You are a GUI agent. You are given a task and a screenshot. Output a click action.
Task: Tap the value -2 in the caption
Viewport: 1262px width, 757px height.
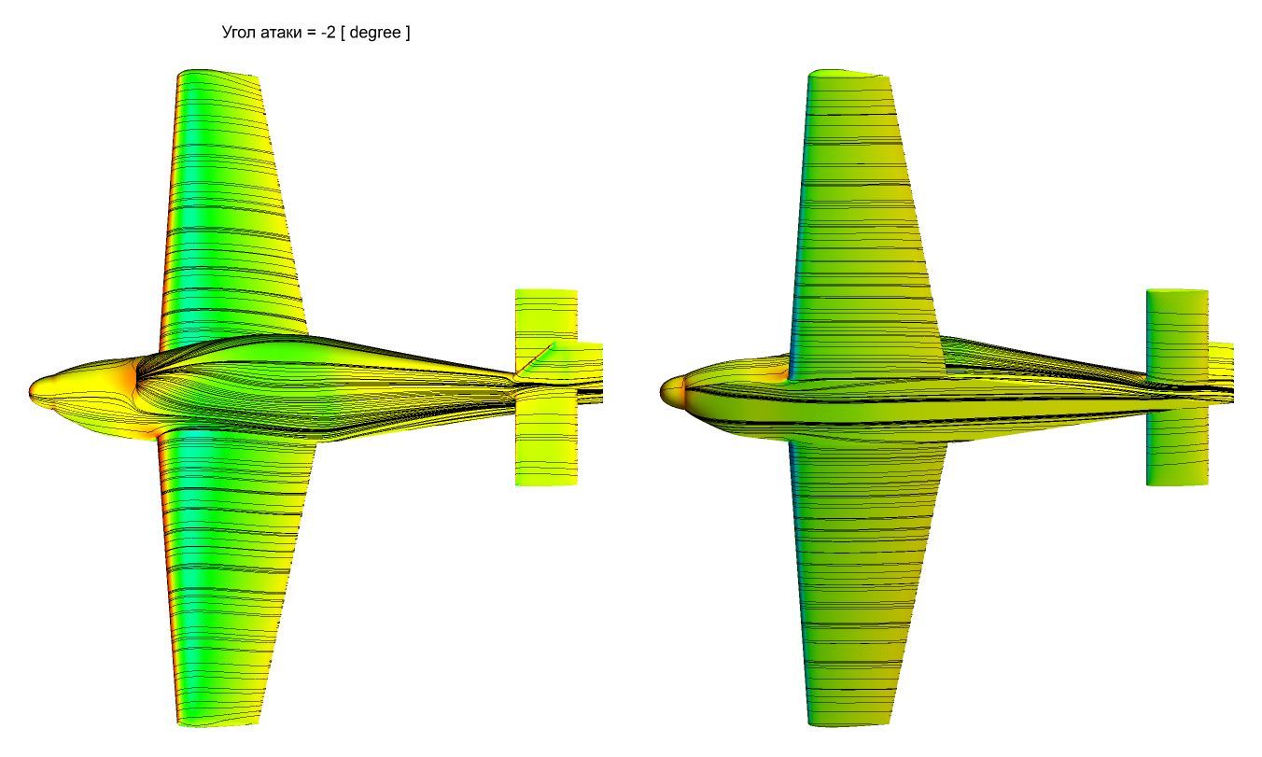(x=329, y=33)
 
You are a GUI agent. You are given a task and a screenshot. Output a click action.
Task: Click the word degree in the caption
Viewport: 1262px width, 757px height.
(x=375, y=33)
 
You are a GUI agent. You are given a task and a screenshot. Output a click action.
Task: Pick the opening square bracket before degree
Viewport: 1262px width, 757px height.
(x=344, y=33)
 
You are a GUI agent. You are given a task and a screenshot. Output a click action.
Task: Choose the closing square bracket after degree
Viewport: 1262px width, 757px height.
(x=407, y=33)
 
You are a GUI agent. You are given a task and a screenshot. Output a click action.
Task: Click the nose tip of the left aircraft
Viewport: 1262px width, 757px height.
(x=29, y=389)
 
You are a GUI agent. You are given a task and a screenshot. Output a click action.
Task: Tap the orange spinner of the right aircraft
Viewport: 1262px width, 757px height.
(x=672, y=391)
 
